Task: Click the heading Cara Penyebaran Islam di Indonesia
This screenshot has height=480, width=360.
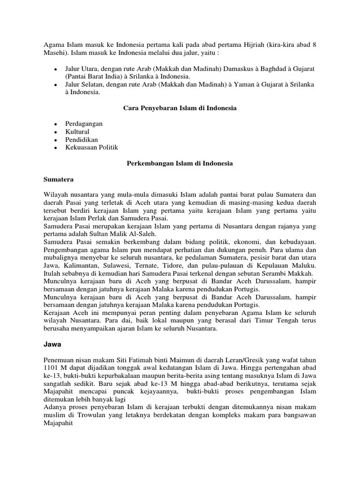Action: point(180,108)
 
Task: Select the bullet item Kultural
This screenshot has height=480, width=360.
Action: point(77,132)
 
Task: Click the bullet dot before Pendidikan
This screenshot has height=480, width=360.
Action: point(55,140)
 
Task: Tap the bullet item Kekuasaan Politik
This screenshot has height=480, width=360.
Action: point(91,148)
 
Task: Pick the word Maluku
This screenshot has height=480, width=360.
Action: point(305,266)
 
